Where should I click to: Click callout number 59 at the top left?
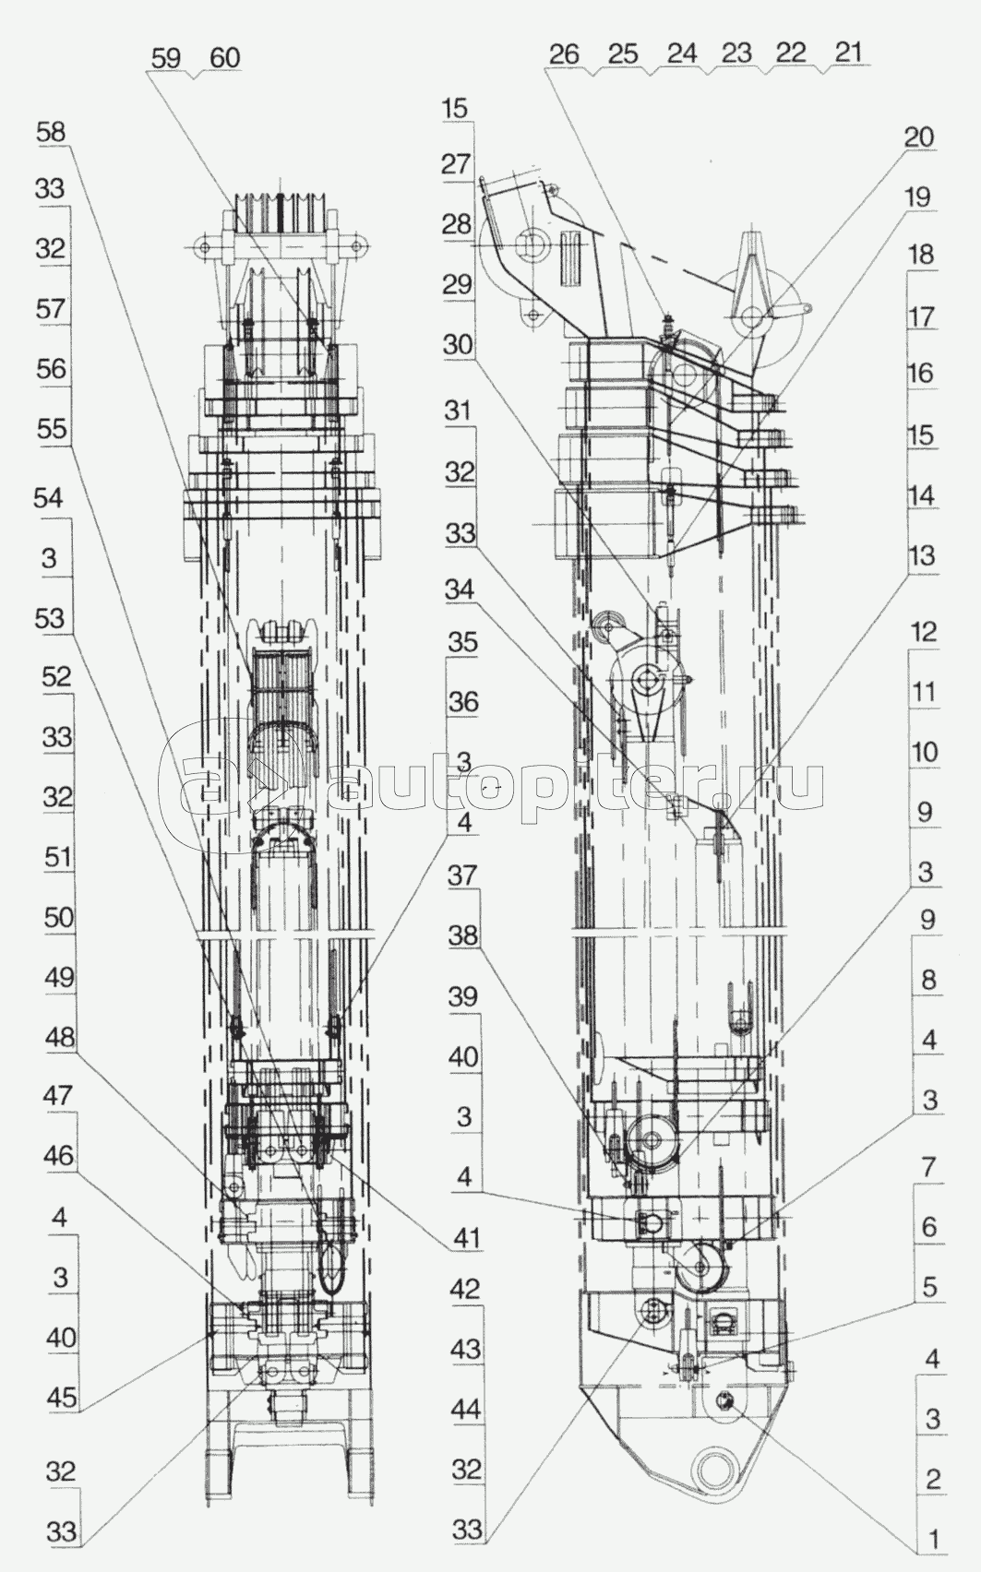point(166,57)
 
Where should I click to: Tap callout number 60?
point(224,57)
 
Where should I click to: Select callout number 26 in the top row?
point(564,54)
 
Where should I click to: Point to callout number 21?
point(847,52)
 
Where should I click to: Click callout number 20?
point(919,137)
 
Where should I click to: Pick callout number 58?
point(52,131)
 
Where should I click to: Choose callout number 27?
point(457,164)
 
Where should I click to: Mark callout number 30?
point(458,345)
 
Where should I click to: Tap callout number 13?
point(922,555)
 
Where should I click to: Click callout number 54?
point(49,498)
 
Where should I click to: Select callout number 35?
point(462,642)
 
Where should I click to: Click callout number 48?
point(60,1037)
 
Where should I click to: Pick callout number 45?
point(62,1397)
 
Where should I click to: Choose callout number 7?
point(928,1167)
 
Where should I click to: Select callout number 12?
point(923,632)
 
